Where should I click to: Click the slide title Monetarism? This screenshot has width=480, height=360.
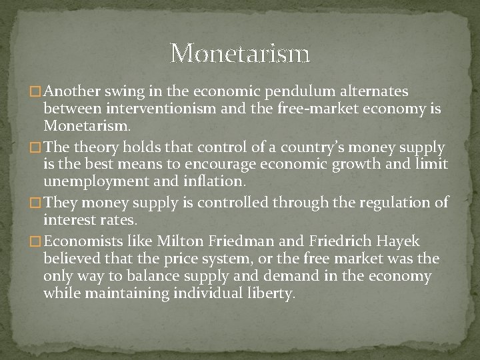point(240,53)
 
